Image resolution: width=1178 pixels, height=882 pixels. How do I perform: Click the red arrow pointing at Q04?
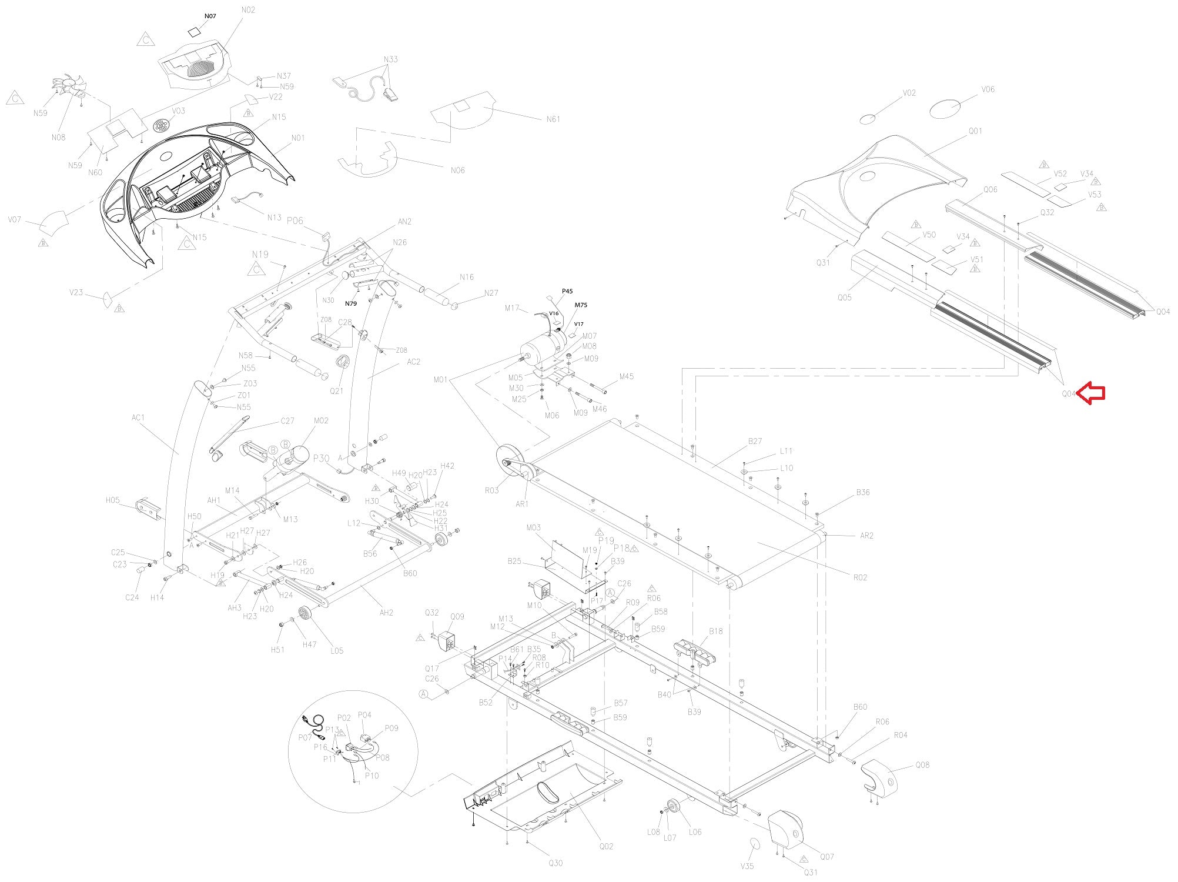point(1092,393)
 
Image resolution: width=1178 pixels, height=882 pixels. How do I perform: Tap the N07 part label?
point(210,16)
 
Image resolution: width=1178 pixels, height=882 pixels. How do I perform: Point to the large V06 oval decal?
point(945,109)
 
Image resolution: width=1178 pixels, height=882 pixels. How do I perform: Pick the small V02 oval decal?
point(868,119)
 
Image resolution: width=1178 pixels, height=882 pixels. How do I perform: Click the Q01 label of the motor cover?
point(975,131)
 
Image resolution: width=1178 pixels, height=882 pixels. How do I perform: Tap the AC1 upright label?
point(138,418)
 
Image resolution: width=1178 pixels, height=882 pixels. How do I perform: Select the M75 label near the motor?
point(581,305)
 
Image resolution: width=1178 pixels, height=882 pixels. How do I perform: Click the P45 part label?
point(567,291)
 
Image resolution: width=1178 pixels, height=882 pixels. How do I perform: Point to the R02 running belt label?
point(860,577)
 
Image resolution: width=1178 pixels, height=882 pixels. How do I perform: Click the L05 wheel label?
point(337,651)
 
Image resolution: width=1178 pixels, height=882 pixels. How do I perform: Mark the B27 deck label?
point(755,441)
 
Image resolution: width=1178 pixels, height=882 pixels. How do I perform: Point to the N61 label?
point(553,119)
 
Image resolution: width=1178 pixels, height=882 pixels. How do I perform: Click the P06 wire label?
point(294,220)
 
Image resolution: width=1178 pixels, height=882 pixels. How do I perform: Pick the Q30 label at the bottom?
point(555,863)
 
